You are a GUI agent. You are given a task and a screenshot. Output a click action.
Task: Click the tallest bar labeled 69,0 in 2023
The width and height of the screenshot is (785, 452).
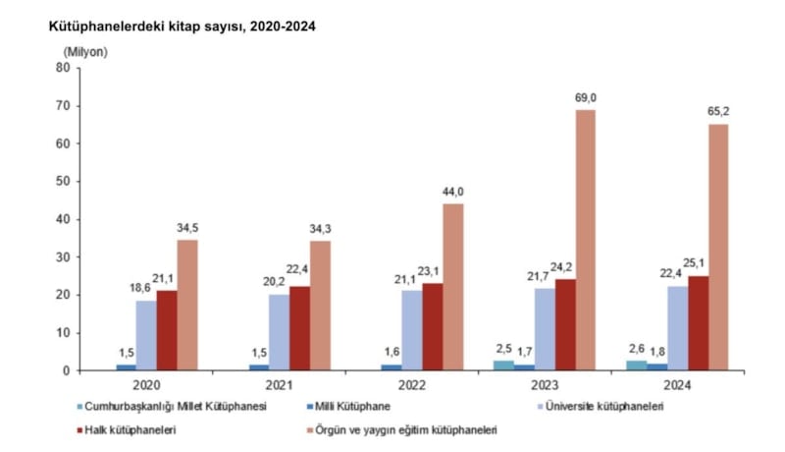(585, 240)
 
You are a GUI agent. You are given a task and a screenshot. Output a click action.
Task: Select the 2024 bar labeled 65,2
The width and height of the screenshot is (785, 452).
(718, 248)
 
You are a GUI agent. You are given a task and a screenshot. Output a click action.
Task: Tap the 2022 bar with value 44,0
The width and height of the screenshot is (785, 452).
(452, 287)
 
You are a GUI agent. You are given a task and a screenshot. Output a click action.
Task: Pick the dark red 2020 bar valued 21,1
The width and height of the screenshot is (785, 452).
(167, 330)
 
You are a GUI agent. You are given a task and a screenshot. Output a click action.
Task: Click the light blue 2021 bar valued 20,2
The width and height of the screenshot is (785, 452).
(279, 332)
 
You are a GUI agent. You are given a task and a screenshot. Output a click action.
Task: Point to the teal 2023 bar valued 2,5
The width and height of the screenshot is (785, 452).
(502, 366)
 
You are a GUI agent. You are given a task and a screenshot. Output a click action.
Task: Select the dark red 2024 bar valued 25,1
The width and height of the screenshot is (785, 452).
(698, 323)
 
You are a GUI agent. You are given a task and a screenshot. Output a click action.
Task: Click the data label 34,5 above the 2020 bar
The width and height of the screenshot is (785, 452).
(187, 228)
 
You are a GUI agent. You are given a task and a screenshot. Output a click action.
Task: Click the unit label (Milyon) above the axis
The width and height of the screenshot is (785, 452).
(85, 50)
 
